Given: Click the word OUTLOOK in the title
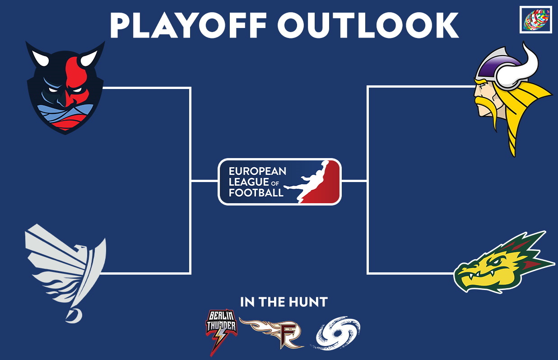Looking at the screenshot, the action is [368, 25].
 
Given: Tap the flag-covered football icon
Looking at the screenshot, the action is [535, 19].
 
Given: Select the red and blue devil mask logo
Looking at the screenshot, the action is [65, 88].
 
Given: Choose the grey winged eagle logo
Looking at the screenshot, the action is [65, 273].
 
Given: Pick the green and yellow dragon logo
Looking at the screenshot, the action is [504, 262].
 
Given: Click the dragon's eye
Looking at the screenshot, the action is [496, 262].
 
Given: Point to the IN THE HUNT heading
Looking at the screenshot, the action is [284, 302].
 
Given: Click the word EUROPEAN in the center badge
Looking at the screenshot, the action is [257, 171].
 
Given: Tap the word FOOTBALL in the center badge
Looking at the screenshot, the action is [256, 193].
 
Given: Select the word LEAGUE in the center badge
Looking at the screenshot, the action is [249, 182].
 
